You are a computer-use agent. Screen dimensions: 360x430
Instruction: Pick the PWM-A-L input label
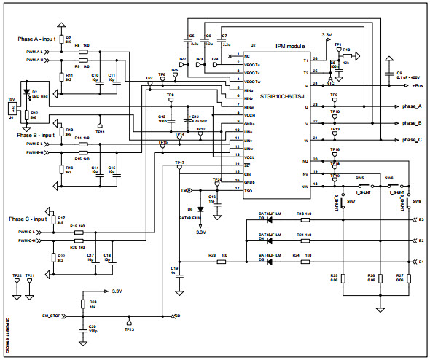[x=34, y=52]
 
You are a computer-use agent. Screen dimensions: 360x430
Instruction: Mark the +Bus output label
[x=418, y=85]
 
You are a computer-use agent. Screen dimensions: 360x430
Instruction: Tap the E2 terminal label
[x=421, y=239]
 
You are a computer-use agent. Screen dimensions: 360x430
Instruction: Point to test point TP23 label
[x=129, y=330]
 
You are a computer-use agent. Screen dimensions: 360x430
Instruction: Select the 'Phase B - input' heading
[x=34, y=136]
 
